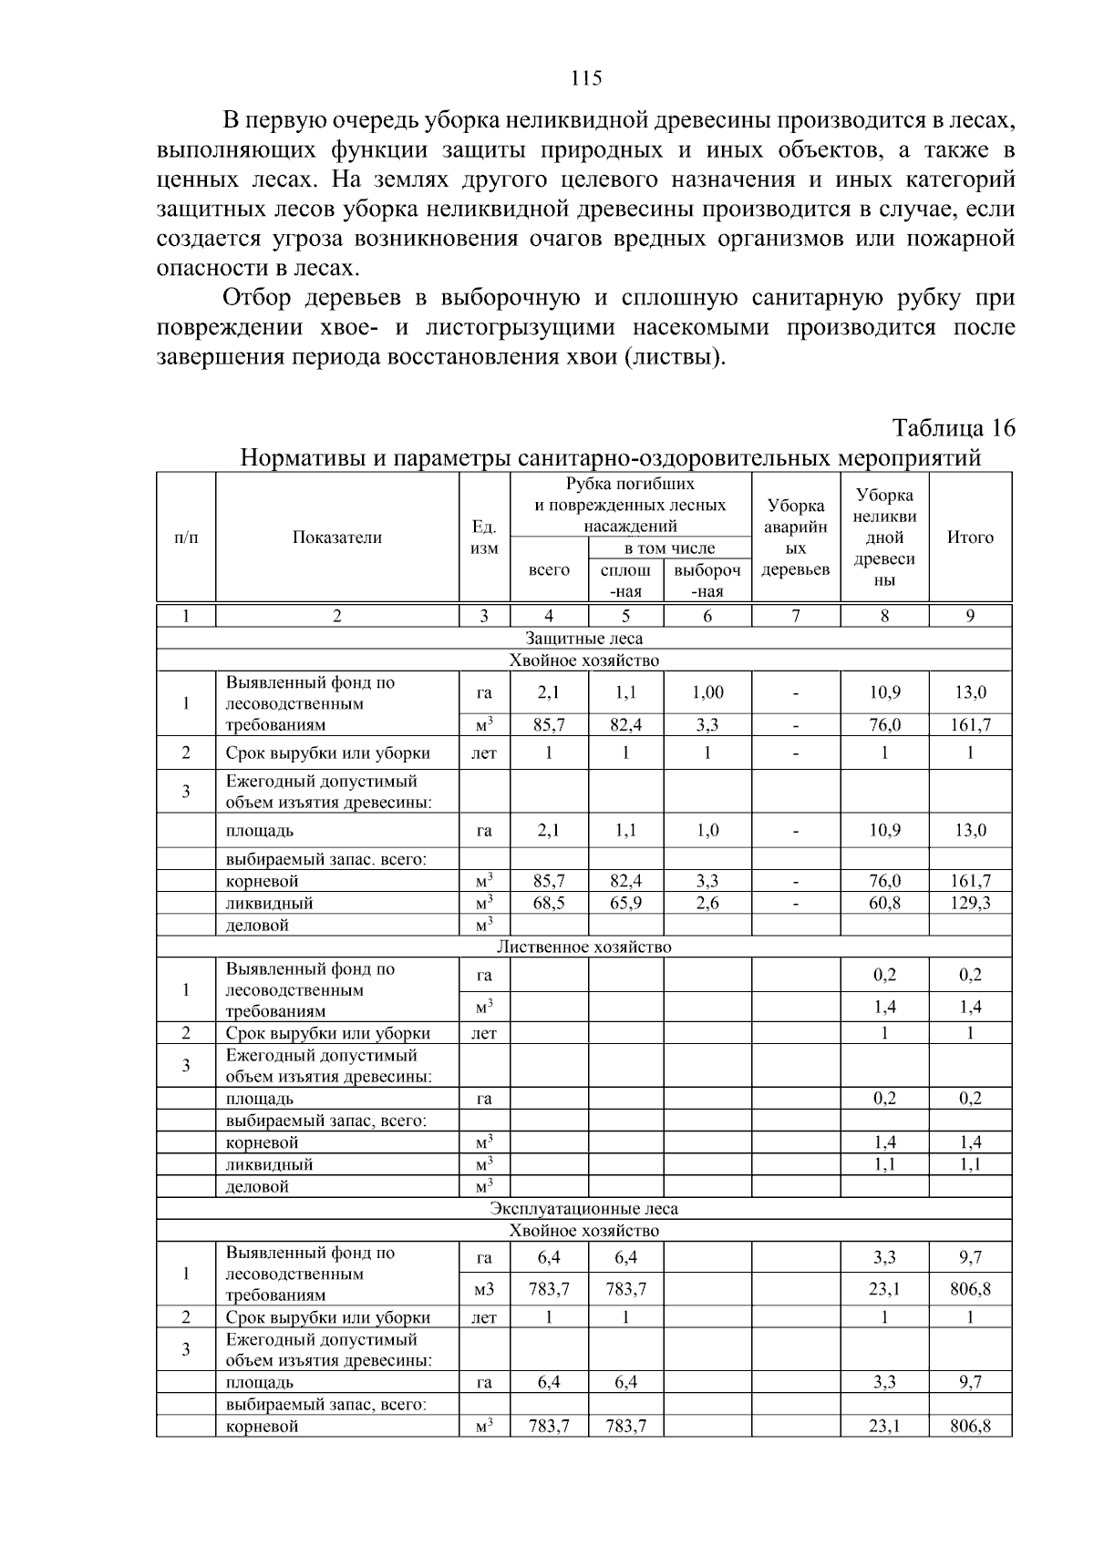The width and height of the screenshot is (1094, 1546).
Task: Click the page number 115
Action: coord(586,78)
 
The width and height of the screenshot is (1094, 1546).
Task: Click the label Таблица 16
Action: coord(953,428)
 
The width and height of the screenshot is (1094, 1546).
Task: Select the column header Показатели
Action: coord(336,538)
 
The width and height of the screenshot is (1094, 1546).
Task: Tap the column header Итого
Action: coord(970,538)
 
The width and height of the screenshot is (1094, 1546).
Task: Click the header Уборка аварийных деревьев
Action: coord(795,538)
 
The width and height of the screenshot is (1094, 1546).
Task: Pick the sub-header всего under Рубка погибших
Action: coord(549,570)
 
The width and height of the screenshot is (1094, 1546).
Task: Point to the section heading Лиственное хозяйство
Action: coord(583,947)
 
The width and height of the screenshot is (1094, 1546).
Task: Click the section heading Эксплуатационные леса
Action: coord(583,1209)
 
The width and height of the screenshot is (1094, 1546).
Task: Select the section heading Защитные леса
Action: coord(583,639)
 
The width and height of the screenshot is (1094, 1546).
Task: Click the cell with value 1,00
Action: coord(707,692)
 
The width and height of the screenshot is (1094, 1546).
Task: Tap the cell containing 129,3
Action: coord(970,903)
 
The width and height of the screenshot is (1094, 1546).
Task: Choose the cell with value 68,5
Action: coord(549,903)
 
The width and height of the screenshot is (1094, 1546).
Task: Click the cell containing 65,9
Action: coord(625,903)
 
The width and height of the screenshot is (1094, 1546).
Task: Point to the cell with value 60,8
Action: coord(884,903)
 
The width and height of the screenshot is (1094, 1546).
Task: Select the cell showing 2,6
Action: coord(707,903)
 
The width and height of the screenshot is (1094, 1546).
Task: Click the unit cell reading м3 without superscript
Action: coord(484,1289)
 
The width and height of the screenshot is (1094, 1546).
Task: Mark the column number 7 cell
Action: coord(795,616)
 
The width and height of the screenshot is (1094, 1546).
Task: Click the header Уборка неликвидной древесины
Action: coord(884,538)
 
